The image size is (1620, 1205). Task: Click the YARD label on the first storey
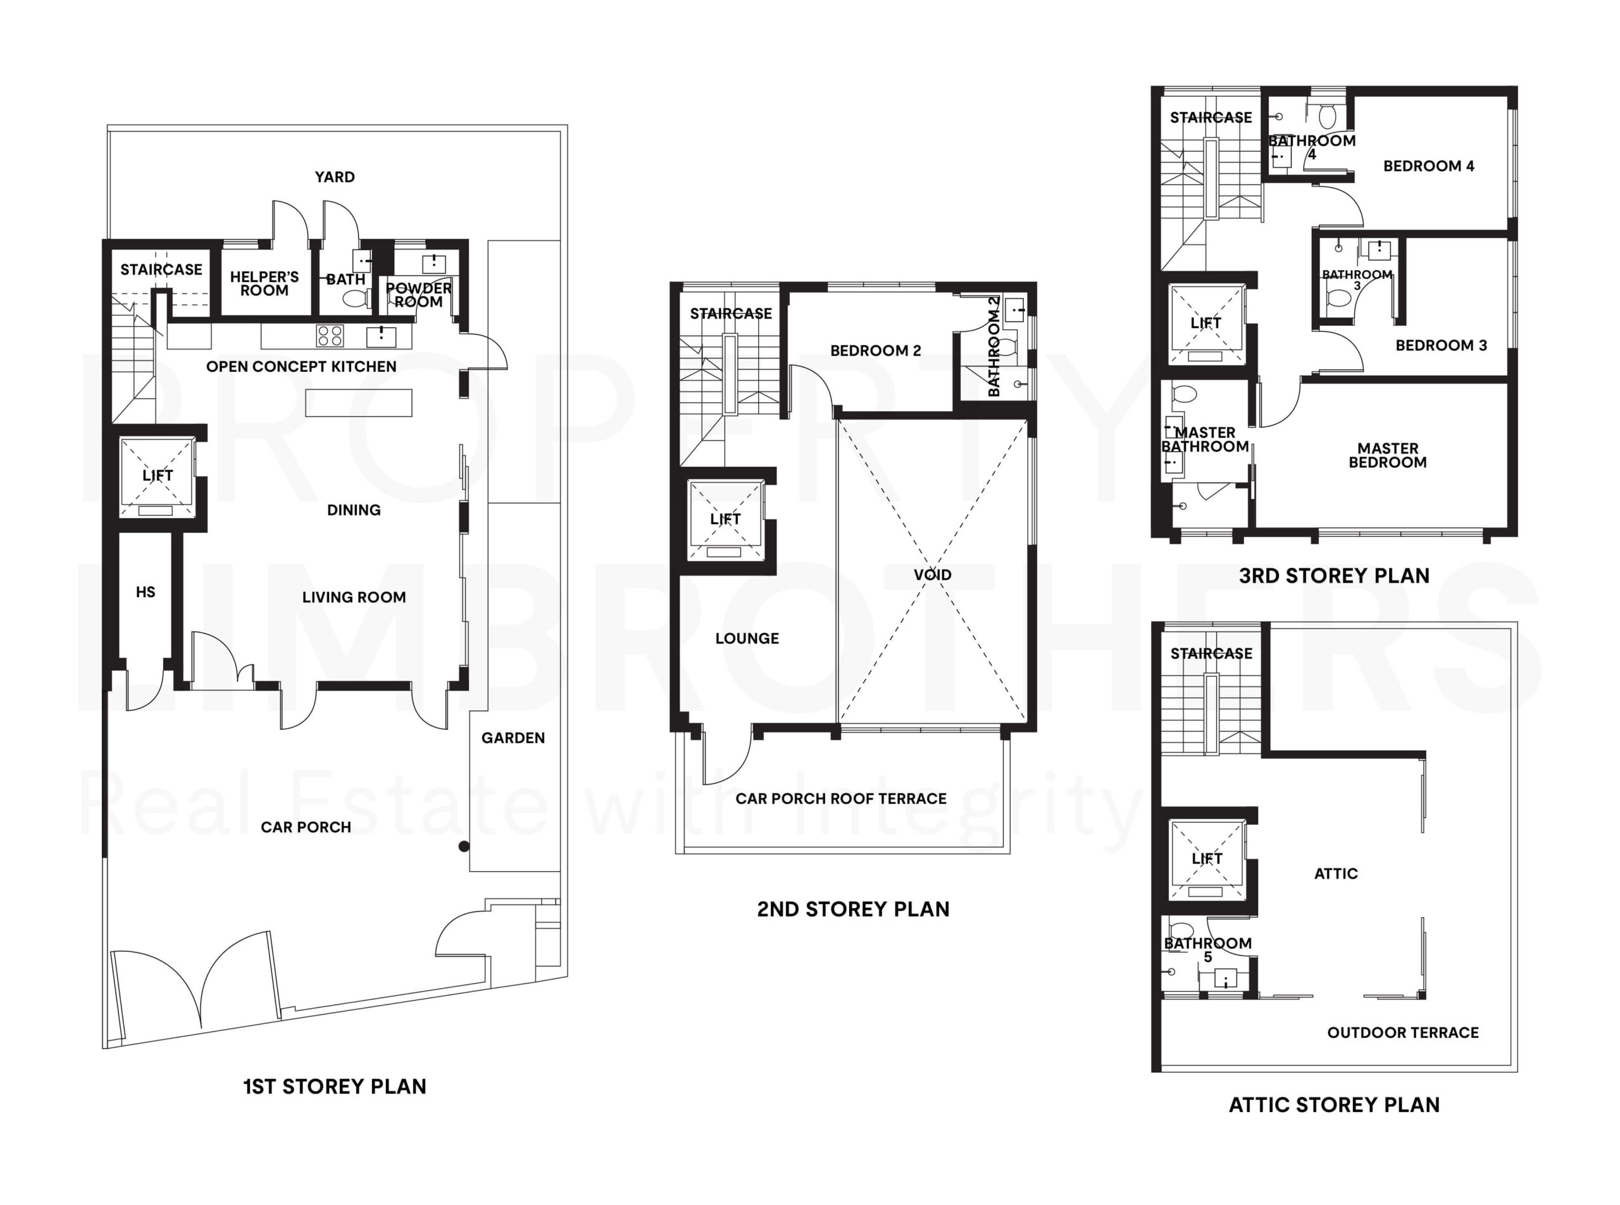point(334,176)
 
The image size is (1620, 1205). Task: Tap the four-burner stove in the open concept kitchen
point(330,335)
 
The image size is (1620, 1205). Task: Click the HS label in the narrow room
point(145,591)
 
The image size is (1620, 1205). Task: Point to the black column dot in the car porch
point(463,846)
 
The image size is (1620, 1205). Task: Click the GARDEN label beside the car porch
point(513,738)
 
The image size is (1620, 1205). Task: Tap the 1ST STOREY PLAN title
point(334,1086)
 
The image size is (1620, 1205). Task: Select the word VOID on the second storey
point(932,575)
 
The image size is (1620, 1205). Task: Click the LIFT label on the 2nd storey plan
point(725,519)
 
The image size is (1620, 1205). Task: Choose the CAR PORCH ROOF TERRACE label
point(840,798)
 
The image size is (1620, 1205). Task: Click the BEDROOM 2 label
point(875,350)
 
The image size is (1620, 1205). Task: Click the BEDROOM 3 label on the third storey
point(1440,345)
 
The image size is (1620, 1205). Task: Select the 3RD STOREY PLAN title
point(1334,576)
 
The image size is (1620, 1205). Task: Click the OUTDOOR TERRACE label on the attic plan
point(1402,1032)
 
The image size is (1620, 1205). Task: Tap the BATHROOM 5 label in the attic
point(1207,949)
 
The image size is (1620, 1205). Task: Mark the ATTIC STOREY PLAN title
point(1334,1104)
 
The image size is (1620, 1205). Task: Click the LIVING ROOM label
point(354,596)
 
